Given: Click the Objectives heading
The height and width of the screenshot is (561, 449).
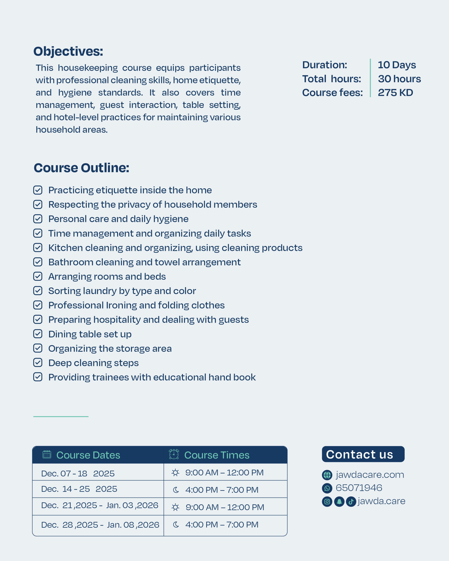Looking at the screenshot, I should click(68, 51).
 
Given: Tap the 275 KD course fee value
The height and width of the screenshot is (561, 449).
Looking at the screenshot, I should click(395, 93).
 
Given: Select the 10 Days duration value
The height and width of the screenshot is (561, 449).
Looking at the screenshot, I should click(397, 65).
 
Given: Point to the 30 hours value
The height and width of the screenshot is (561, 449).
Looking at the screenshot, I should click(399, 79).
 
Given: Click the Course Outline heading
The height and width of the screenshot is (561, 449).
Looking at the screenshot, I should click(82, 168).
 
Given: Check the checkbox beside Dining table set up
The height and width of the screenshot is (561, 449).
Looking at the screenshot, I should click(38, 334).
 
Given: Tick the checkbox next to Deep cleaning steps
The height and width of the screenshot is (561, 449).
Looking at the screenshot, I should click(38, 362).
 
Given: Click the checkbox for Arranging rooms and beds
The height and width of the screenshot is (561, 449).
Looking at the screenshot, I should click(38, 276).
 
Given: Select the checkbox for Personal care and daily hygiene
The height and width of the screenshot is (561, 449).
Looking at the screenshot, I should click(38, 219).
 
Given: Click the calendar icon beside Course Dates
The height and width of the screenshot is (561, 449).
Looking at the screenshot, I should click(47, 454).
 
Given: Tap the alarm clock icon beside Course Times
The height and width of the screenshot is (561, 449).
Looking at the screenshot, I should click(174, 454).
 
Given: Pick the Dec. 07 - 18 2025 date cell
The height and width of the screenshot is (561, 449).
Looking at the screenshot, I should click(78, 473).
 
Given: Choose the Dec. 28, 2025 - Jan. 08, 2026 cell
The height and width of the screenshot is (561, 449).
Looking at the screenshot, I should click(100, 525).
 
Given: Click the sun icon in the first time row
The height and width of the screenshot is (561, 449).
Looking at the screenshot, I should click(175, 472).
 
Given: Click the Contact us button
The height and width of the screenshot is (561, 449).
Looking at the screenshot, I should click(363, 454).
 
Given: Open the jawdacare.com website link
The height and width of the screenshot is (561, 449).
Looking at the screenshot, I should click(370, 475).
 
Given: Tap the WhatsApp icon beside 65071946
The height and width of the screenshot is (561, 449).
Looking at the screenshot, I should click(327, 488).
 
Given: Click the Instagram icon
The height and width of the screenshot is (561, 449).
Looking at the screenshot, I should click(327, 501).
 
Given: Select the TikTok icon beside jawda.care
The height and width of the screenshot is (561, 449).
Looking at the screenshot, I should click(351, 501).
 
